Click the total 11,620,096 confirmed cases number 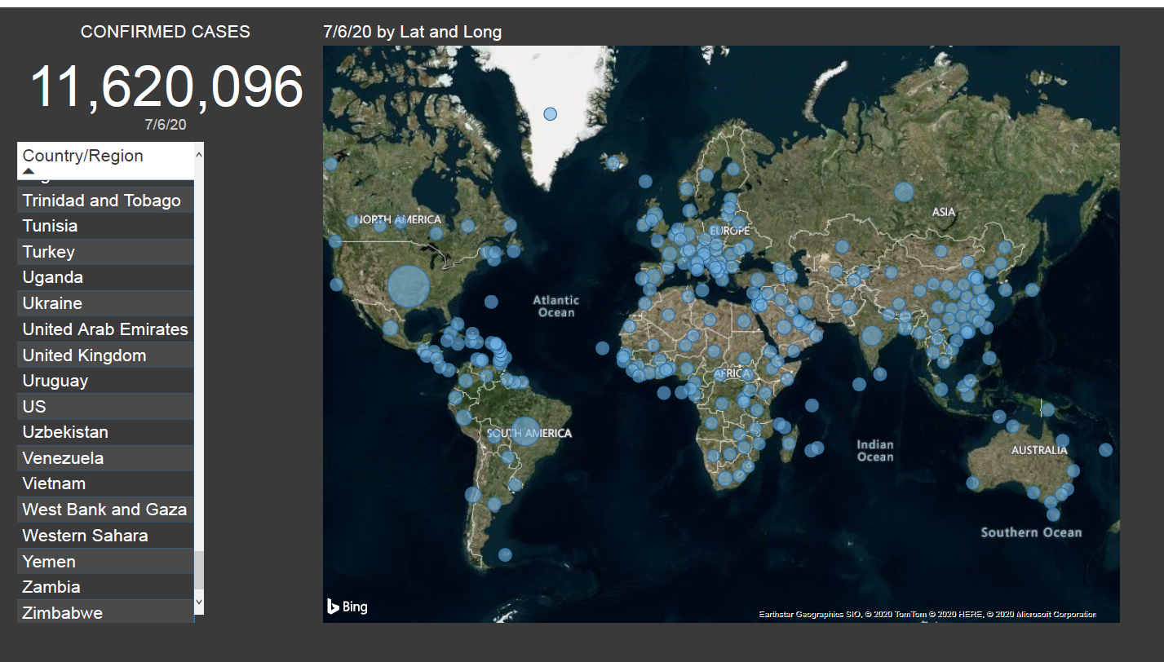[x=166, y=87]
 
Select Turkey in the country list [x=49, y=252]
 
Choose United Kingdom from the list [x=84, y=355]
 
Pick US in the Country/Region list [x=34, y=407]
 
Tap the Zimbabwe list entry [x=63, y=613]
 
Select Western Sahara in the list [x=85, y=536]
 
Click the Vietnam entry [x=54, y=483]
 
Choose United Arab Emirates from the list [x=105, y=329]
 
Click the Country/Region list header [x=83, y=157]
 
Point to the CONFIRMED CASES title [x=166, y=32]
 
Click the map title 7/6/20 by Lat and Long [x=412, y=32]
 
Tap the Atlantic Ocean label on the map [x=556, y=307]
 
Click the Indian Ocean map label [x=875, y=451]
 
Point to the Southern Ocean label [x=1031, y=532]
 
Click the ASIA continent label [x=944, y=212]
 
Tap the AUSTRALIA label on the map [x=1039, y=450]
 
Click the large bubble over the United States [x=409, y=286]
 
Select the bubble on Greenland [x=551, y=114]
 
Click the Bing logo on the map [x=347, y=607]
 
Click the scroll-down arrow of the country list [x=199, y=602]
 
